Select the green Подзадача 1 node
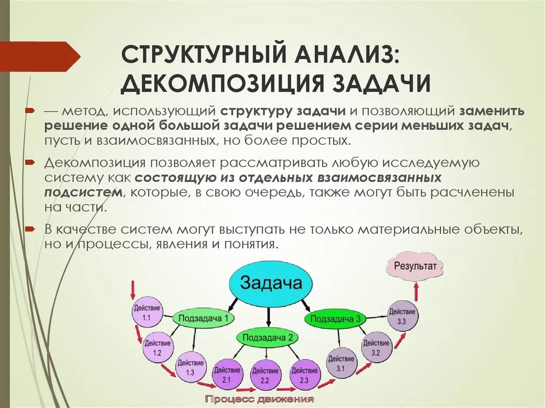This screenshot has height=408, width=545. tap(204, 318)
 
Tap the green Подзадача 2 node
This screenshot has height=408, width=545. tap(268, 337)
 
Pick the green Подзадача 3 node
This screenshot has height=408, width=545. tap(335, 319)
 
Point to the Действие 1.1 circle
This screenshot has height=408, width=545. tap(146, 312)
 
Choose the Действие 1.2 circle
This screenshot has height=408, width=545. tap(157, 347)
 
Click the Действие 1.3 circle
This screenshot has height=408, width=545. tap(190, 367)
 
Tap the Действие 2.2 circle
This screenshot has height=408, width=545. tap(265, 375)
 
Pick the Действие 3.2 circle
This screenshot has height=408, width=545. tap(376, 347)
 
